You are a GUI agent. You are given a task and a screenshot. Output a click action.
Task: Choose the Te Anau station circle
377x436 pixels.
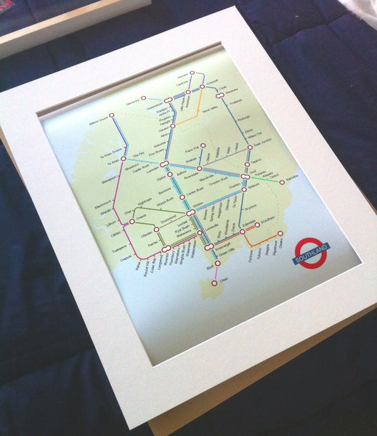[123, 158]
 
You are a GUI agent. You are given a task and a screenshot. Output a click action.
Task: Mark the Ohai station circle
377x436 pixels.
[132, 211]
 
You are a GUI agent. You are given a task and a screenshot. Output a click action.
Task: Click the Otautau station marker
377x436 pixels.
[155, 230]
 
